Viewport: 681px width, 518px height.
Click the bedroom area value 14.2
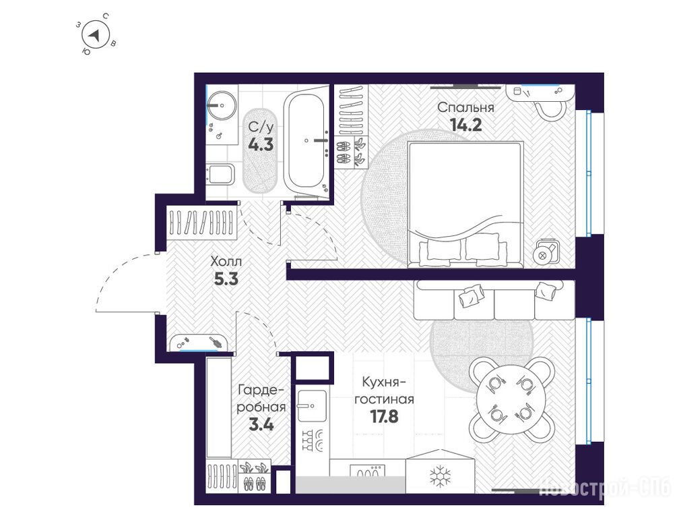(466, 125)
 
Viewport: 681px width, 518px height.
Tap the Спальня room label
(465, 107)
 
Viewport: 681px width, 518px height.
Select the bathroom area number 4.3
(261, 144)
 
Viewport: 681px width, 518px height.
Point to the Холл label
(226, 262)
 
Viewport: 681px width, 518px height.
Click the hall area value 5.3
(226, 279)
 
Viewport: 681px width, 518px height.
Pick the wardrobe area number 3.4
(261, 424)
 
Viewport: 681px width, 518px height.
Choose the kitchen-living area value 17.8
(384, 417)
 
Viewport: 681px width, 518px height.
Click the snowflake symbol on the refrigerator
(441, 476)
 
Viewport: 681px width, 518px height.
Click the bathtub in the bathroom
(306, 142)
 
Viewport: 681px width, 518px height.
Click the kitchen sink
(312, 405)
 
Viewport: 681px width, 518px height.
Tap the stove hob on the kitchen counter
(367, 471)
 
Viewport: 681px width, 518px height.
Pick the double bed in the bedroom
(465, 204)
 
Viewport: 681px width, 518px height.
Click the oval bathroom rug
(260, 150)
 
